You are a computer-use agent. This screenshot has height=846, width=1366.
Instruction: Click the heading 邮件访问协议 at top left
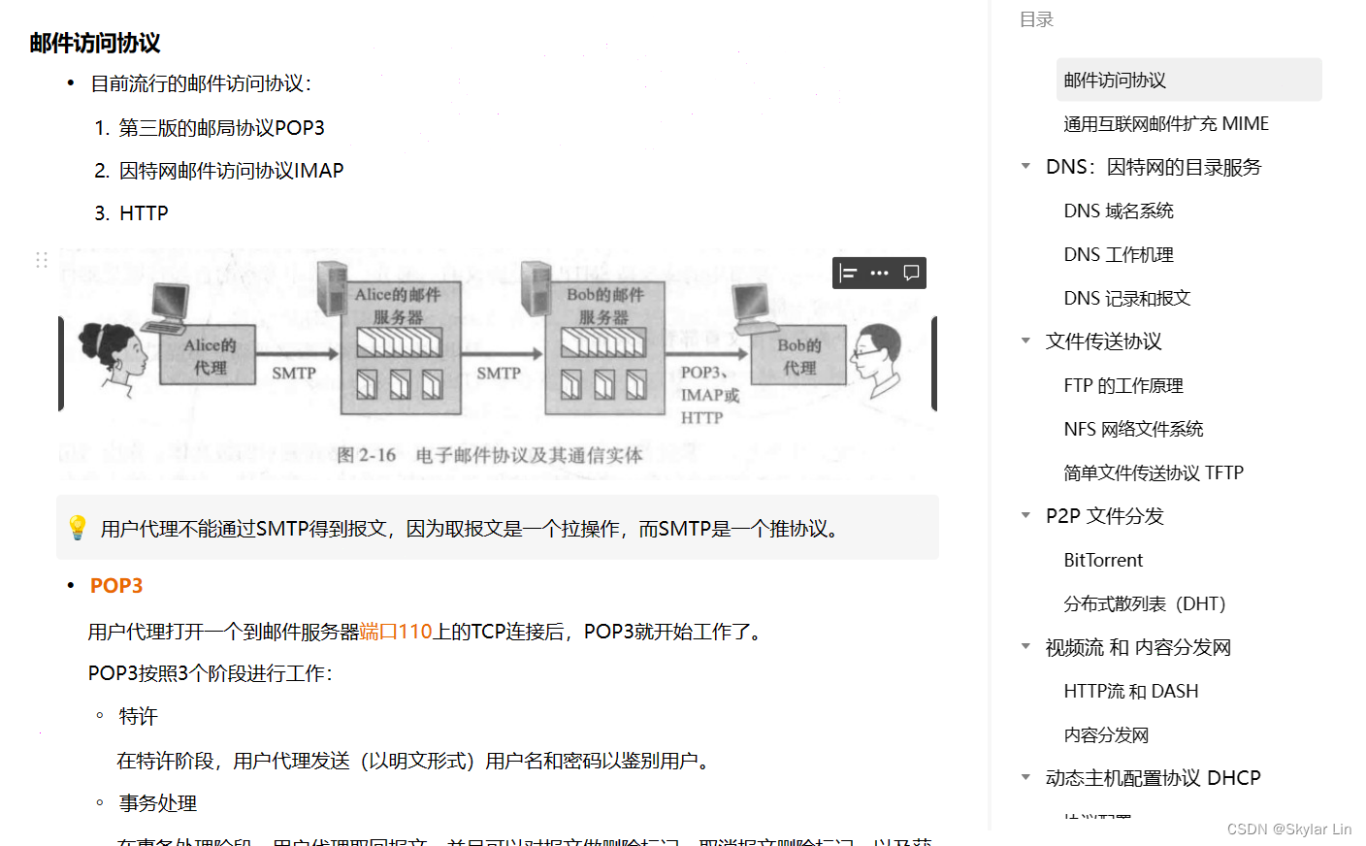(x=95, y=43)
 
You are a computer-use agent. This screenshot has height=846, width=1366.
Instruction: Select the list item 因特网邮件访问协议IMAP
(x=231, y=171)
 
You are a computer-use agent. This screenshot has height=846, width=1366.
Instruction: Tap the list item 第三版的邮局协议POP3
(x=221, y=128)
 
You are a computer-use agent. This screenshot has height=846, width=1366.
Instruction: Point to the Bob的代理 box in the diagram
(x=799, y=356)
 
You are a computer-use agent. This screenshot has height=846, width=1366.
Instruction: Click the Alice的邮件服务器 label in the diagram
(x=398, y=305)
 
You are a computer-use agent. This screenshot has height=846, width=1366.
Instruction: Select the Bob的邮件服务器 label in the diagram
(x=604, y=305)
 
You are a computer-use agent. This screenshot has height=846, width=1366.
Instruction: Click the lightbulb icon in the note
(x=78, y=528)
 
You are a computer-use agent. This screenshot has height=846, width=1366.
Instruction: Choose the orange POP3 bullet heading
(x=116, y=586)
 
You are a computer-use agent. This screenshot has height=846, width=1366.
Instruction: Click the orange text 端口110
(x=396, y=632)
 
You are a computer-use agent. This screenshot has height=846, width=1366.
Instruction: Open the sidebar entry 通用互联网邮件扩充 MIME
(x=1166, y=123)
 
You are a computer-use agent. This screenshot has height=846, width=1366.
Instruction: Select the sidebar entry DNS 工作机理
(x=1119, y=254)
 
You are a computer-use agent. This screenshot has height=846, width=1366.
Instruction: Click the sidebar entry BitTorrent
(x=1103, y=560)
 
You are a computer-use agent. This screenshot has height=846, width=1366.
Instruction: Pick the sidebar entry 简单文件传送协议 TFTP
(x=1154, y=472)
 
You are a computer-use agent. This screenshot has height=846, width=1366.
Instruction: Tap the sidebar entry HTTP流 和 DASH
(x=1131, y=691)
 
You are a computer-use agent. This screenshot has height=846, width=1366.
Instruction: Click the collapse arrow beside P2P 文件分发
(x=1025, y=515)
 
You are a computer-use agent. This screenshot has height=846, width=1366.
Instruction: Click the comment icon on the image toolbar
(x=911, y=273)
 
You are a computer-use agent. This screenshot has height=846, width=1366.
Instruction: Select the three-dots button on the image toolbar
(x=879, y=273)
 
